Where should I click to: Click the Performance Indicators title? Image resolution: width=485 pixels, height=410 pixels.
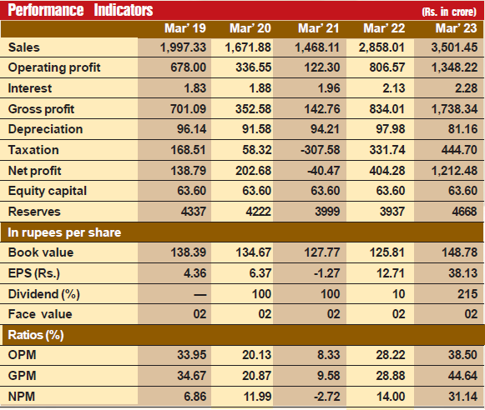[80, 10]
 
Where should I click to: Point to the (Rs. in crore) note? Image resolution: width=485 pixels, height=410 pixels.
[449, 12]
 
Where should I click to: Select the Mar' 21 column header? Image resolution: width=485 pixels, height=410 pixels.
[319, 28]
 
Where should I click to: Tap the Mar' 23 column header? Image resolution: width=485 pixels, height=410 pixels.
[457, 28]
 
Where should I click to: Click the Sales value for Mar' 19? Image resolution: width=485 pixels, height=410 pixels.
[183, 47]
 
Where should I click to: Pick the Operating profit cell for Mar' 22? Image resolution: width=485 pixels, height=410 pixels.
[387, 67]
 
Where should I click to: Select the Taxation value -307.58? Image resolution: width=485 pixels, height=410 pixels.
[321, 150]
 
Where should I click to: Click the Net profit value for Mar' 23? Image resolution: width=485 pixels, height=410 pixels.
[454, 171]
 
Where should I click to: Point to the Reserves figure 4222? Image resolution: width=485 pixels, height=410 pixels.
[258, 212]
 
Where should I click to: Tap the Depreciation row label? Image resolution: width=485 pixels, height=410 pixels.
[45, 129]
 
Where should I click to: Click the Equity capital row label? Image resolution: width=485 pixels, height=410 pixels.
[48, 191]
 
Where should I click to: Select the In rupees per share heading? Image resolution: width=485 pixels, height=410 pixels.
[64, 232]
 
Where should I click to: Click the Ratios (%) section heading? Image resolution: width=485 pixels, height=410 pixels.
[36, 335]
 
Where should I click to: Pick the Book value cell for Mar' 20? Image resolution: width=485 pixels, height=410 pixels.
[254, 252]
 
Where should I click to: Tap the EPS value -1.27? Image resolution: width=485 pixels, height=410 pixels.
[326, 273]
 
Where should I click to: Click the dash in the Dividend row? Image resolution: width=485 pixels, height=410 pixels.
[200, 295]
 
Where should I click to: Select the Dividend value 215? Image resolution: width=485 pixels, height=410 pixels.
[467, 294]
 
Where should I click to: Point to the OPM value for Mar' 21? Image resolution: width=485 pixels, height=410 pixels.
[329, 355]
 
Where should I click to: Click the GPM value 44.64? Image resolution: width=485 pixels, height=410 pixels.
[462, 376]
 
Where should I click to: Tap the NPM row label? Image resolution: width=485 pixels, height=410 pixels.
[22, 397]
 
